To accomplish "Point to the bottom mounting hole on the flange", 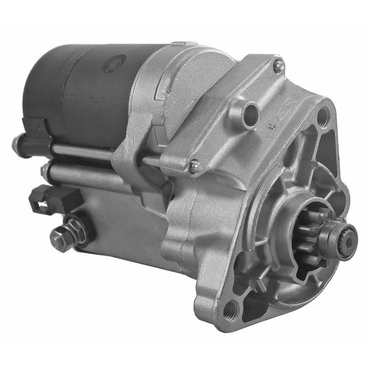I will [x=231, y=306].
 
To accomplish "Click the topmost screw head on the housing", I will [x=278, y=66].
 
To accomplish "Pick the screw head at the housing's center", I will [x=195, y=165].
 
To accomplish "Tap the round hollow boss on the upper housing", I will [x=250, y=111].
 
